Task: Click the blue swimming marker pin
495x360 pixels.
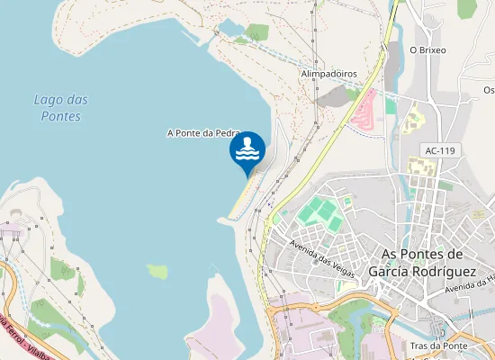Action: pyautogui.click(x=247, y=150)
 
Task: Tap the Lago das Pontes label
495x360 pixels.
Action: pyautogui.click(x=60, y=108)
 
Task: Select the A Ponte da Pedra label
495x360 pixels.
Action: pyautogui.click(x=202, y=133)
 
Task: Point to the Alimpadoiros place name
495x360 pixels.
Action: pyautogui.click(x=328, y=74)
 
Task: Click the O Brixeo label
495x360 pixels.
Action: pyautogui.click(x=427, y=50)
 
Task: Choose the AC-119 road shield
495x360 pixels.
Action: pyautogui.click(x=442, y=150)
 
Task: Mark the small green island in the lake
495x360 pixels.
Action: pyautogui.click(x=158, y=271)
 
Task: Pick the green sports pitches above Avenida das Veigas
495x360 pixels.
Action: pyautogui.click(x=320, y=214)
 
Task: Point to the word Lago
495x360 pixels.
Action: pyautogui.click(x=47, y=99)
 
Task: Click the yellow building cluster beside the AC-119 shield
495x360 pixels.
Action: pyautogui.click(x=421, y=167)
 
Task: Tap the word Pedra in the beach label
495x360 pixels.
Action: pyautogui.click(x=221, y=133)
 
